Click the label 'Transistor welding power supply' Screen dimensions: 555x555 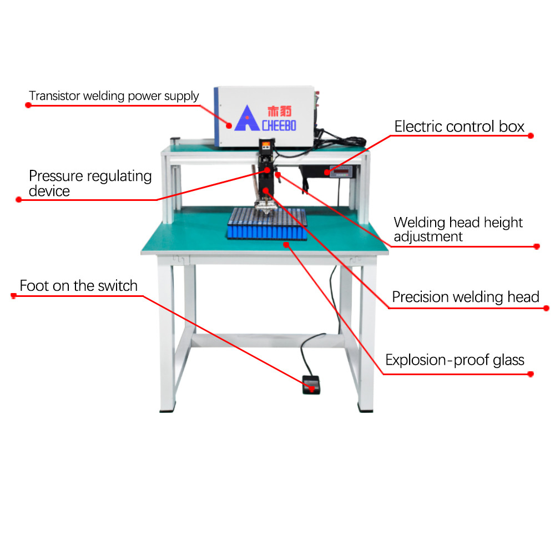(114, 96)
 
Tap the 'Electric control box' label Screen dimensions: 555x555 (459, 127)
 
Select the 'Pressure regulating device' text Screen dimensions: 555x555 (90, 184)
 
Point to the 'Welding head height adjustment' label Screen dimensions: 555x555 (458, 230)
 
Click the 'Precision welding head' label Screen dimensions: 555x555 (465, 297)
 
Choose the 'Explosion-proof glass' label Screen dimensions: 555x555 (455, 360)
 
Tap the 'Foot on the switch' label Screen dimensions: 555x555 (78, 286)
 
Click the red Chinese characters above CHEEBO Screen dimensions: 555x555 (279, 110)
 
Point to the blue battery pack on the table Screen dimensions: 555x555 (267, 224)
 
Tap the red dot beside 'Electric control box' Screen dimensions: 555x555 (531, 135)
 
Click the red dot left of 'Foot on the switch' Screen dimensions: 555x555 (14, 296)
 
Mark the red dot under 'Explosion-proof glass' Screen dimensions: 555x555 (531, 374)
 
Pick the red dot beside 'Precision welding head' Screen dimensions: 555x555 (546, 308)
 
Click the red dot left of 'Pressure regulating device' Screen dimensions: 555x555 (18, 200)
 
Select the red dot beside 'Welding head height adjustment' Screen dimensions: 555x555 (537, 246)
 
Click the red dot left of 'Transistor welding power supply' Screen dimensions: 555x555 (28, 104)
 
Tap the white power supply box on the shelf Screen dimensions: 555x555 (264, 117)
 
